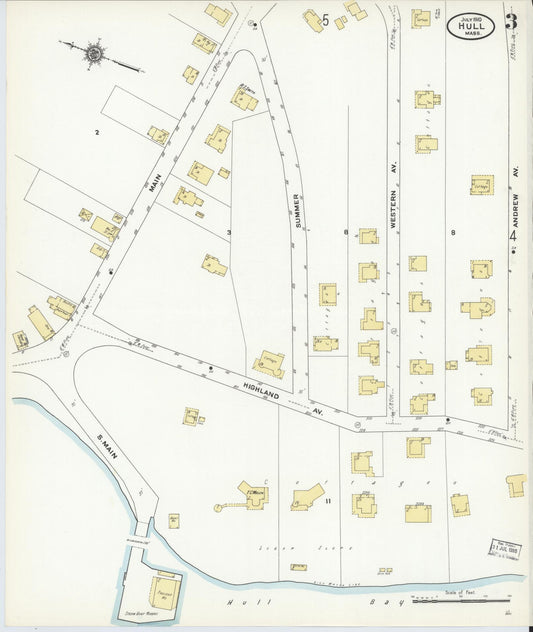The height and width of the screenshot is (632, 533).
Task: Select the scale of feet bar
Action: coord(461,602)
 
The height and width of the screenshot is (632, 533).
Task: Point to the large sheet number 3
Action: coord(511,22)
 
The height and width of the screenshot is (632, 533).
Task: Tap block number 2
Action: coord(97,132)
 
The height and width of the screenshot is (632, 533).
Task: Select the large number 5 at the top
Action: coord(326,19)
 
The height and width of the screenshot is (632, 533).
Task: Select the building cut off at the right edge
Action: coord(516,486)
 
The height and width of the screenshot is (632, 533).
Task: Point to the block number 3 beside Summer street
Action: coord(229,233)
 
